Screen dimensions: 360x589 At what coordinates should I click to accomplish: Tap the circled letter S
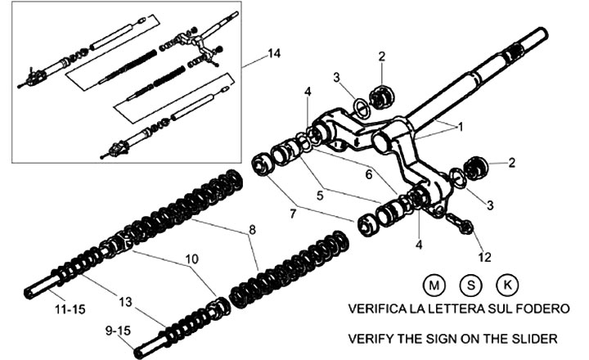[471, 286]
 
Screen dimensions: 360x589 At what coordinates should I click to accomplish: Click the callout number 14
[273, 53]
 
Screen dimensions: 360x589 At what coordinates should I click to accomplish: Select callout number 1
[460, 128]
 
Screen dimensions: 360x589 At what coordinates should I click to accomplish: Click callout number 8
[251, 231]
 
